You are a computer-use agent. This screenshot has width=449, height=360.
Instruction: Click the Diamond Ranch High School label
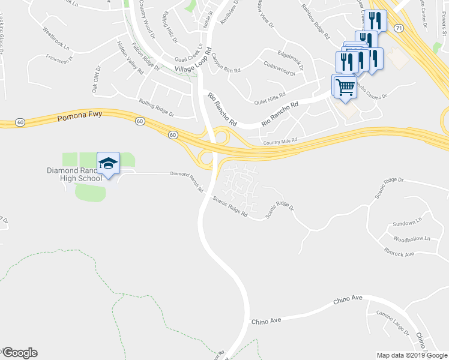click(x=74, y=174)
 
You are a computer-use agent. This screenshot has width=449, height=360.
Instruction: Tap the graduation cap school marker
click(x=108, y=163)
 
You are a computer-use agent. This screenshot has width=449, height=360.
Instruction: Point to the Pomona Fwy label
click(x=80, y=116)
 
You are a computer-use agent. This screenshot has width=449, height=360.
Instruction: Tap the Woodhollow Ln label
click(x=411, y=239)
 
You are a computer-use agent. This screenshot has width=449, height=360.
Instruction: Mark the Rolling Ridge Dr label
click(x=156, y=108)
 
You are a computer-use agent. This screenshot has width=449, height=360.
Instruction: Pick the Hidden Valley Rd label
click(x=130, y=58)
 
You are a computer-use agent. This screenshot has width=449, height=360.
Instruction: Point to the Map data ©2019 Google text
click(x=411, y=355)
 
